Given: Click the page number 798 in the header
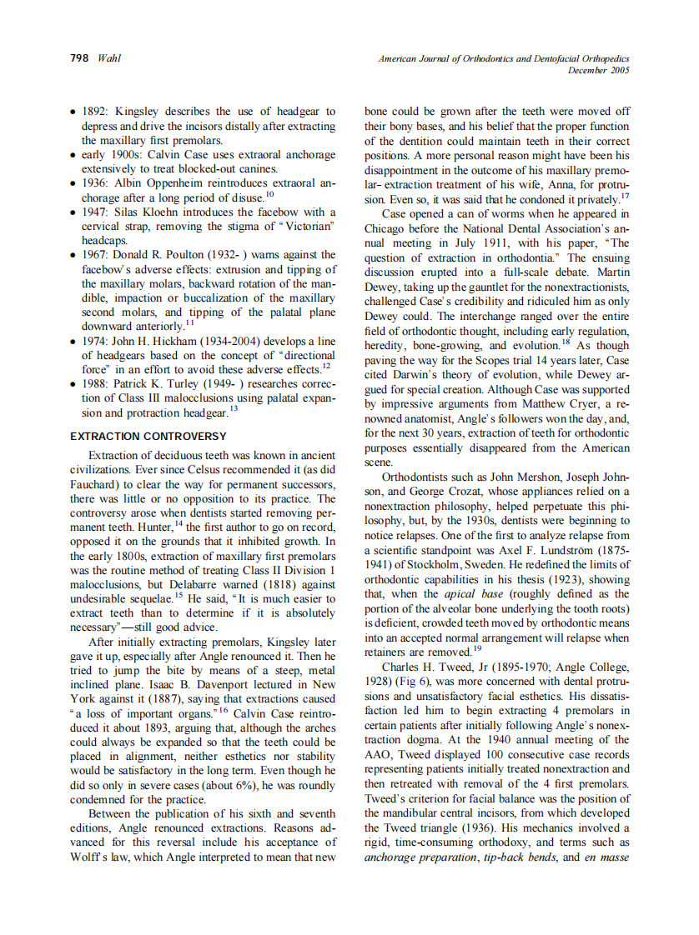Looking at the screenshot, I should tap(80, 58).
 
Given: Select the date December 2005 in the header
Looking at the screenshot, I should tap(598, 70).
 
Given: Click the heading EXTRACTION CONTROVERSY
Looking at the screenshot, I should tap(148, 437).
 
